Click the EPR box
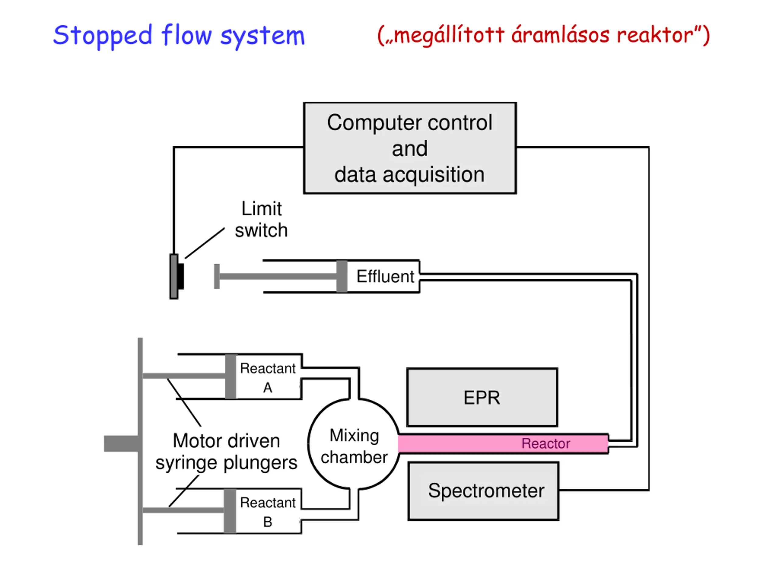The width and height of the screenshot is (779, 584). coord(482,398)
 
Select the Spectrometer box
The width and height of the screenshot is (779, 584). coord(484,491)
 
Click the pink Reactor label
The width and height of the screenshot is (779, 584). coord(546,443)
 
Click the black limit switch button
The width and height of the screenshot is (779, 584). coord(181,276)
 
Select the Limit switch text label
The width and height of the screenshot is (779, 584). coord(261,219)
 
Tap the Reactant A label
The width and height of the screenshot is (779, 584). coord(268,378)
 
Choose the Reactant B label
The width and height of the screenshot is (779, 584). coord(268,512)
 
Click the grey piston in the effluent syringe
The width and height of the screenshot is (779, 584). coord(342,276)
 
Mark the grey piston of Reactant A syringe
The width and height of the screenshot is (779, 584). coord(231,377)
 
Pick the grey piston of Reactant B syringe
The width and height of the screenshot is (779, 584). coord(230,511)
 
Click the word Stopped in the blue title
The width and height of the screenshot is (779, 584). coord(103,36)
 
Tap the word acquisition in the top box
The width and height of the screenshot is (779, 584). coord(434,175)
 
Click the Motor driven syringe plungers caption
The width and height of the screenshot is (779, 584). coord(226,452)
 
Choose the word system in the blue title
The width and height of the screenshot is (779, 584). coord(262,37)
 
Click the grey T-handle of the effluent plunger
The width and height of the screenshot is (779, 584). coord(217,276)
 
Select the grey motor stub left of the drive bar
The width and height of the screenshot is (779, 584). coord(121,443)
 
